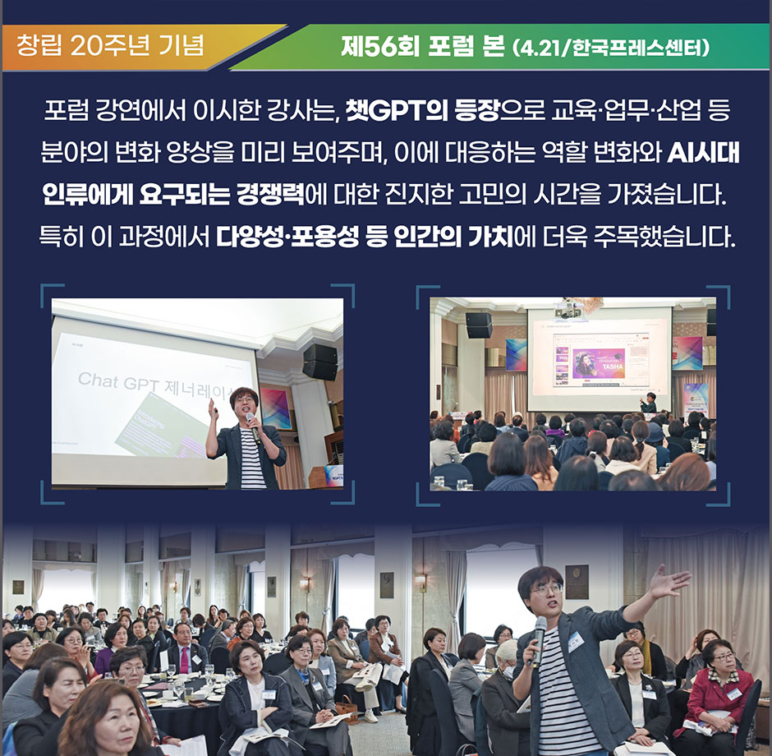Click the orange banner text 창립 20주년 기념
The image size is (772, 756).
tap(110, 45)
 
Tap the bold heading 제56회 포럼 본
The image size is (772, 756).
tap(422, 48)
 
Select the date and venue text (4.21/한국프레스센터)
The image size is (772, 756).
tap(610, 48)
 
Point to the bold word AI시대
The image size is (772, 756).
tap(704, 153)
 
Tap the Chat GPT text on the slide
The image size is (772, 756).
tap(116, 381)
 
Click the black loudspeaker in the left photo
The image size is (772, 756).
tap(320, 362)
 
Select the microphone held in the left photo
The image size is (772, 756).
tap(253, 425)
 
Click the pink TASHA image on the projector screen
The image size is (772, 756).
tap(599, 363)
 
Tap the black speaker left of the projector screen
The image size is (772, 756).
tap(479, 325)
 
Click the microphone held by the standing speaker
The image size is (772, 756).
tap(539, 640)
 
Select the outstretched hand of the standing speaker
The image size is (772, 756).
tap(669, 581)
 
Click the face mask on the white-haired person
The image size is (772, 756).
tap(507, 671)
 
